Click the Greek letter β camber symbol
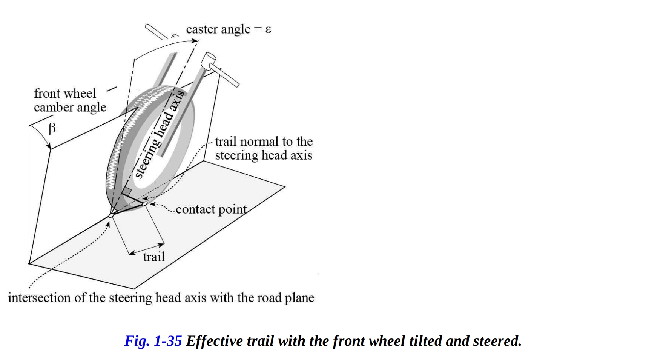52,129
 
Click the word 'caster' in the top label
202,29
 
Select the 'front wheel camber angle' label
70,100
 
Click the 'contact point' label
211,209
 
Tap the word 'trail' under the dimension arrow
154,257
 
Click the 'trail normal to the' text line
264,142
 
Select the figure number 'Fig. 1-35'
153,341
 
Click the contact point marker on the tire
144,204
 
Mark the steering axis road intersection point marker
111,215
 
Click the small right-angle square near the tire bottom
127,191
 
